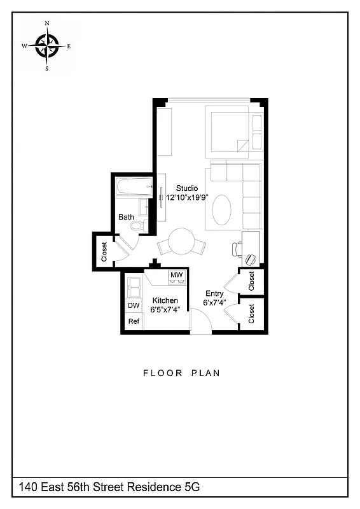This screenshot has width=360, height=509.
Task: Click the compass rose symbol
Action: point(46,45)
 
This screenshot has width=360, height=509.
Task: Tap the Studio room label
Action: point(187,188)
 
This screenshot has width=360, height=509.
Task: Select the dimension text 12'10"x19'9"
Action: point(187,198)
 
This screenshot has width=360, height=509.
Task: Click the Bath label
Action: point(126,217)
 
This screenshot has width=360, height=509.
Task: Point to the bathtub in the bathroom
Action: point(133,187)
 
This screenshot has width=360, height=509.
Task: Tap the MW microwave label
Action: point(177,275)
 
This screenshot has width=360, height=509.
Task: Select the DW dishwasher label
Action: point(134,306)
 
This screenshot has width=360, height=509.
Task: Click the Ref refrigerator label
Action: point(134,321)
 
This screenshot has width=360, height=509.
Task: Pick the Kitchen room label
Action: point(165,300)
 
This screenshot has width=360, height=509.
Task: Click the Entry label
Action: point(214,293)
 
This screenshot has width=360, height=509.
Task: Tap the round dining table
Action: point(181,242)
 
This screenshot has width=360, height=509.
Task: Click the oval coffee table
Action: point(221,210)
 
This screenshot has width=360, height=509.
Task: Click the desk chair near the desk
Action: point(250,258)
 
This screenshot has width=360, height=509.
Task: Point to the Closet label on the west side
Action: point(104,250)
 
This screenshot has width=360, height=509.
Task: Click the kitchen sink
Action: point(134,288)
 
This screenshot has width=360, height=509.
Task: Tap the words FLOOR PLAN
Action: point(181,373)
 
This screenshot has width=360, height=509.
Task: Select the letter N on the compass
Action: point(46,24)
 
